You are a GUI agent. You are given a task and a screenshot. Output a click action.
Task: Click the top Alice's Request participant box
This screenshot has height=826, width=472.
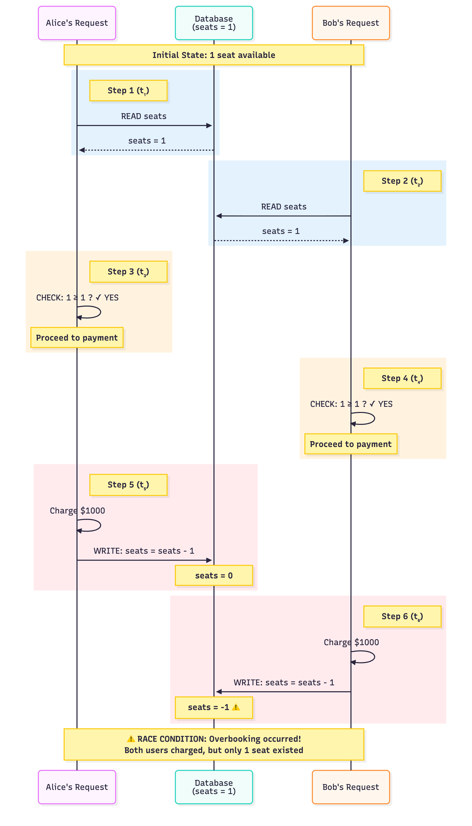point(77,23)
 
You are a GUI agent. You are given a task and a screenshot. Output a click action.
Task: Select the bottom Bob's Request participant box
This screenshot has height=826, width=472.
point(350,787)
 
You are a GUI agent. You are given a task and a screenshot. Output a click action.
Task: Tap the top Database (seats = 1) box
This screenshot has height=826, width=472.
point(214,23)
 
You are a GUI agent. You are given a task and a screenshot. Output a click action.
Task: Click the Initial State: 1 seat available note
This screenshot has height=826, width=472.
point(214,55)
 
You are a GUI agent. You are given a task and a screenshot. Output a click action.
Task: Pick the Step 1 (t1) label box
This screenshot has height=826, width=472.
point(128,90)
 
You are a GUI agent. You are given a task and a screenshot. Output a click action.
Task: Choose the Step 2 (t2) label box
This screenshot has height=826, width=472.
point(402,181)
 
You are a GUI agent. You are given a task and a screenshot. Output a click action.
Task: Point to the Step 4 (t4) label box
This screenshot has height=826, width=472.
point(402,378)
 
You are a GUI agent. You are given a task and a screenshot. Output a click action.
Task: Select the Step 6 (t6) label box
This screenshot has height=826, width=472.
point(402,616)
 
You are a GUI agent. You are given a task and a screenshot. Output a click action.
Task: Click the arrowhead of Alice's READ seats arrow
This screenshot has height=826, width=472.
point(209,125)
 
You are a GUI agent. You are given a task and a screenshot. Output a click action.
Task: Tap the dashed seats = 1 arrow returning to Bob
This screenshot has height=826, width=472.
point(281,241)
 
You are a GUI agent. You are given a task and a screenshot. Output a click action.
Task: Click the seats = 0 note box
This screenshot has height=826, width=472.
point(214,575)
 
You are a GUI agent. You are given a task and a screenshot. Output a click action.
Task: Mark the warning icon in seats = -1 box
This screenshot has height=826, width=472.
point(236,707)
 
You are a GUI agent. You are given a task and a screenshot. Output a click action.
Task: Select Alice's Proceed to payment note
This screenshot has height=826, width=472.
point(77,338)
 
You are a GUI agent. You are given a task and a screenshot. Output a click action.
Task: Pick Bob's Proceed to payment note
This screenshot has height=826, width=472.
point(350,444)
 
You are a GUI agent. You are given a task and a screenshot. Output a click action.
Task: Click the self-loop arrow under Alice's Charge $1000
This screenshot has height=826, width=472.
point(94,525)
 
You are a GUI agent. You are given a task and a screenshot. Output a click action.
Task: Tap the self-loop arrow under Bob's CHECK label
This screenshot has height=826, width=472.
point(368,418)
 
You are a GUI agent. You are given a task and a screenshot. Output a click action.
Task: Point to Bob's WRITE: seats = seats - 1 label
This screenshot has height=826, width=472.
point(284,682)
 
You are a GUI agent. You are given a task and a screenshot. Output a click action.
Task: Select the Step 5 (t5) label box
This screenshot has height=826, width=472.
point(128,485)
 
